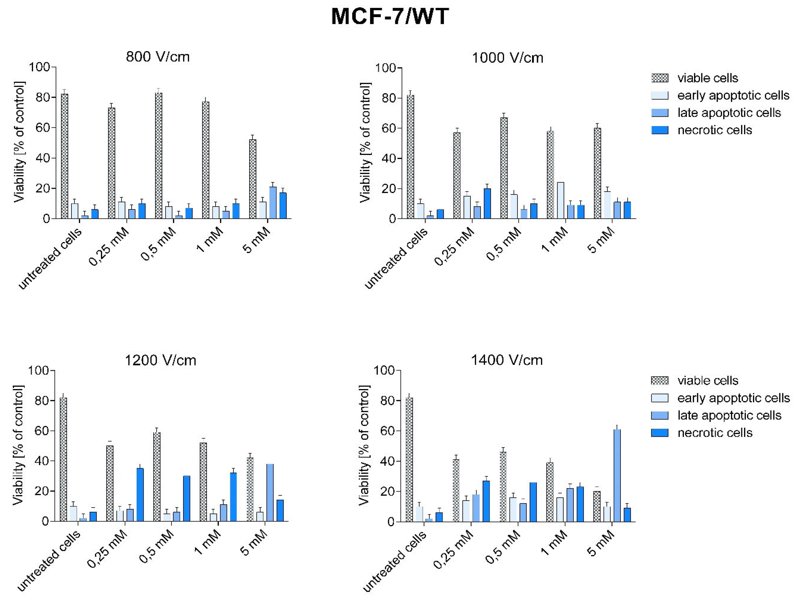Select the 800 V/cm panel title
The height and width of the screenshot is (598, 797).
(x=158, y=57)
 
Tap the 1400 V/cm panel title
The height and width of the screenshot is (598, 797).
(x=507, y=360)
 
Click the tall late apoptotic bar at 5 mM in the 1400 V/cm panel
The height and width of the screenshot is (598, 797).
(x=617, y=475)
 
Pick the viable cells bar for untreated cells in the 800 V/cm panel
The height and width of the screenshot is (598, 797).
(x=64, y=157)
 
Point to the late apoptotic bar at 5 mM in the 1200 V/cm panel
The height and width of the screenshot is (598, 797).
(x=270, y=493)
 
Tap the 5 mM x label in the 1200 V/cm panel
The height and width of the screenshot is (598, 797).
(x=254, y=543)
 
